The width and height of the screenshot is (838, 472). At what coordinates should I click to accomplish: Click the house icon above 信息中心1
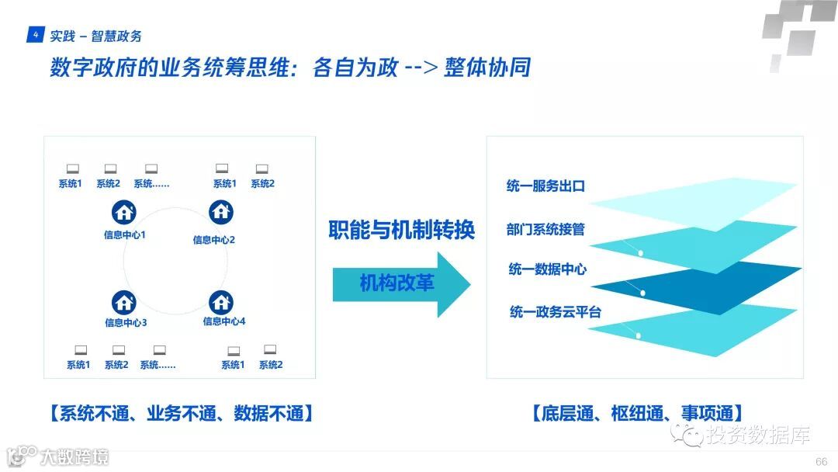pos(125,212)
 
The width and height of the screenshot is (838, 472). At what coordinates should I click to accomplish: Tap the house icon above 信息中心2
pos(221,212)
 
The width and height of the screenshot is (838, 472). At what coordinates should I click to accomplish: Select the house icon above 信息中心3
pos(124,302)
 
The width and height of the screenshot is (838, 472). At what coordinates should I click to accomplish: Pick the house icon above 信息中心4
pos(221,302)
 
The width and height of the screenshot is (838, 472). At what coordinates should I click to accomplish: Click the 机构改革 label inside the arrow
pos(396,283)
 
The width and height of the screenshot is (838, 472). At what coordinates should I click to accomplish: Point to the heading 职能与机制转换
pos(401,231)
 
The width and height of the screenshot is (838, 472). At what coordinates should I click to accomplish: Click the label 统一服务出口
pos(545,186)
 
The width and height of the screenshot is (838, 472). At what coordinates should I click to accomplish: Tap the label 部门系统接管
pos(545,229)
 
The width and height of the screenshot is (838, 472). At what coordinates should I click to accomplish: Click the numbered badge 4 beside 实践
pos(36,35)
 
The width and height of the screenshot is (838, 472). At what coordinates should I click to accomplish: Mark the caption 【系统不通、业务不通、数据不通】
pos(180,413)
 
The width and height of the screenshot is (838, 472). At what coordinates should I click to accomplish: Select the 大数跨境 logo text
pos(74,456)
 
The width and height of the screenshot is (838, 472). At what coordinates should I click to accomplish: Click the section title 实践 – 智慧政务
pos(95,36)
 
